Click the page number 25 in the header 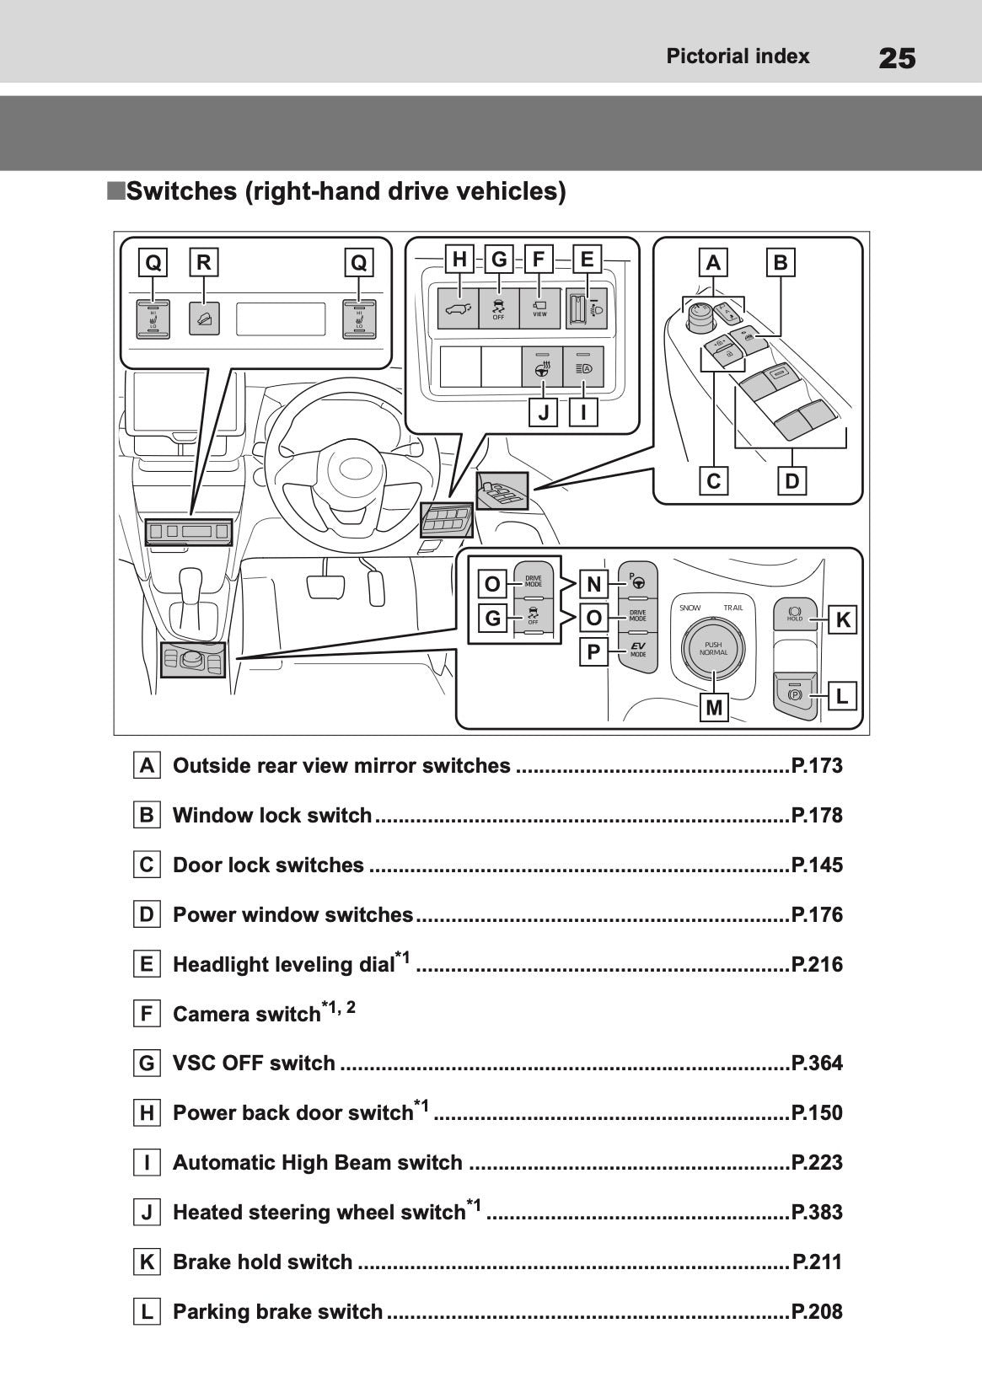tap(897, 58)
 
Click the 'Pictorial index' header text tap(738, 56)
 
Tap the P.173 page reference tap(817, 766)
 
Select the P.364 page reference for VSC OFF tap(817, 1064)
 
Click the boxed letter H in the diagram tap(459, 260)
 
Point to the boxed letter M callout tap(714, 708)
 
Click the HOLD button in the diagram tap(795, 613)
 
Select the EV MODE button tap(638, 651)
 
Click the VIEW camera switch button tap(539, 308)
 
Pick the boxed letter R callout tap(203, 263)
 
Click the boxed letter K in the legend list tap(147, 1262)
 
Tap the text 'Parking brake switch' tap(277, 1312)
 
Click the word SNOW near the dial tap(690, 608)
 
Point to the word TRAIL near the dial tap(732, 608)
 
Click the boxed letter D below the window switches tap(792, 481)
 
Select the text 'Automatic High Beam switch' tap(317, 1163)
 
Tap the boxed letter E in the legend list tap(147, 964)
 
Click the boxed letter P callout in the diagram tap(593, 651)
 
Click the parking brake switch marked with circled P tap(794, 695)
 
